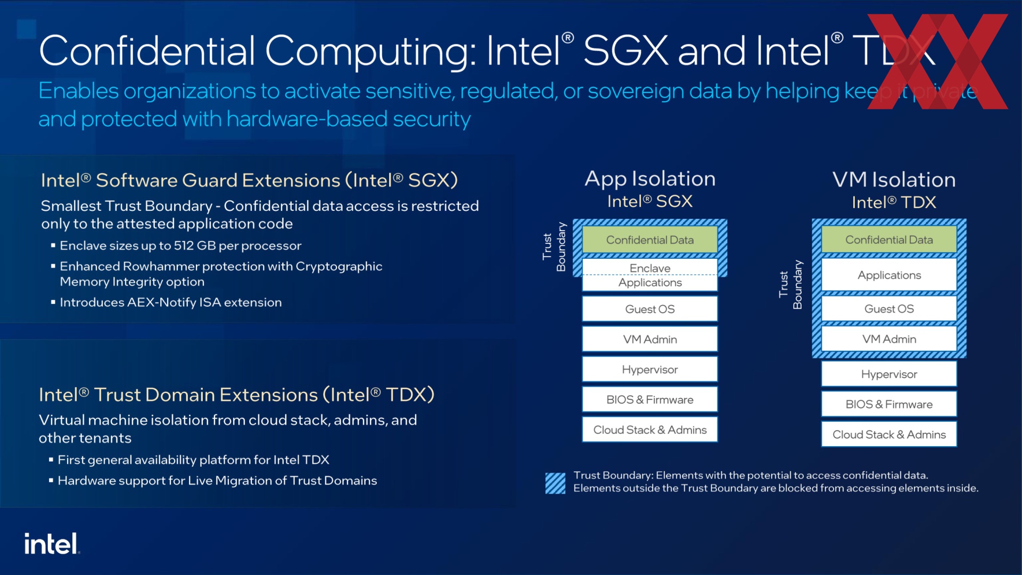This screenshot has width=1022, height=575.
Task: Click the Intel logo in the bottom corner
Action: (52, 544)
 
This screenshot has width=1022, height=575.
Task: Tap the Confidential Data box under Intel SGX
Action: (650, 240)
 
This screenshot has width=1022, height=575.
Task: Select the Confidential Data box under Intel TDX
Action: (889, 240)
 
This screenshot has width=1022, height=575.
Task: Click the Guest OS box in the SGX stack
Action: (650, 309)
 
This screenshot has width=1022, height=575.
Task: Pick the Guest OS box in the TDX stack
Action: (889, 309)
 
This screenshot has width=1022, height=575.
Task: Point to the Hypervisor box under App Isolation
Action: (650, 369)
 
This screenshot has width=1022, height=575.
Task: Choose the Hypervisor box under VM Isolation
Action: (889, 374)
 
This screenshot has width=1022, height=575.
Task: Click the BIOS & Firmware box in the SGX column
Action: (650, 400)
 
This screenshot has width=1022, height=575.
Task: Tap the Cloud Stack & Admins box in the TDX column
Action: (889, 434)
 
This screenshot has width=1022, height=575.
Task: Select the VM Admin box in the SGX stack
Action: (650, 340)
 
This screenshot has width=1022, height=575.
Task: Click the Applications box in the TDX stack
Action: (889, 275)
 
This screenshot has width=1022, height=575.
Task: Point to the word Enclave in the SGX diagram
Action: (650, 268)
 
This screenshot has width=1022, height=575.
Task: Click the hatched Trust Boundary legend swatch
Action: (555, 483)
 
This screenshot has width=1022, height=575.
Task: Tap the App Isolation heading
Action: (650, 179)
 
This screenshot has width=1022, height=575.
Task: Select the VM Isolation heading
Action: (894, 180)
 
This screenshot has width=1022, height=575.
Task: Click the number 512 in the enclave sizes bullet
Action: (184, 245)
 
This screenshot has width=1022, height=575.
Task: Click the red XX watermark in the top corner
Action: (937, 62)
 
